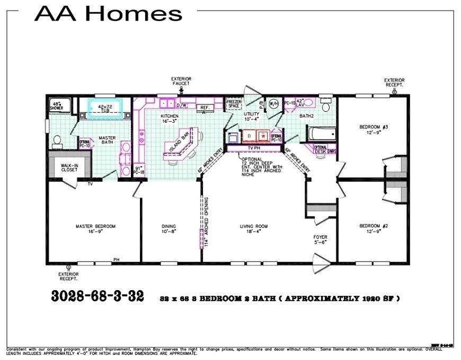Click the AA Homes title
pos(108,13)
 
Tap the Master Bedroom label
pos(95,229)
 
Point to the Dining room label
pos(169,229)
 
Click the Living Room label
pos(254,229)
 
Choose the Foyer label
pos(321,239)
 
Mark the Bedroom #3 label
pos(374,130)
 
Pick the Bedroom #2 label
pos(374,229)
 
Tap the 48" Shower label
pos(57,105)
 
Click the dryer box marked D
pos(249,137)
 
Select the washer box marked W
pos(262,137)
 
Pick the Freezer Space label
pos(234,104)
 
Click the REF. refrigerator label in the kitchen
pos(204,107)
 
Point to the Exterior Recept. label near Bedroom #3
pos(394,83)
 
